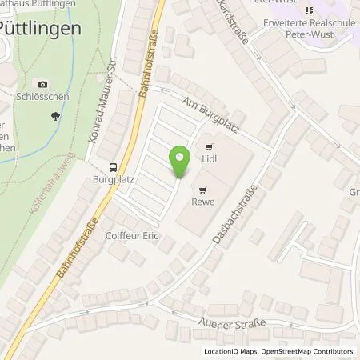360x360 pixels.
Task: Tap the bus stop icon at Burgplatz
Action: (x=114, y=167)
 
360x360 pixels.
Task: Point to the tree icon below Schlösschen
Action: (x=54, y=116)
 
